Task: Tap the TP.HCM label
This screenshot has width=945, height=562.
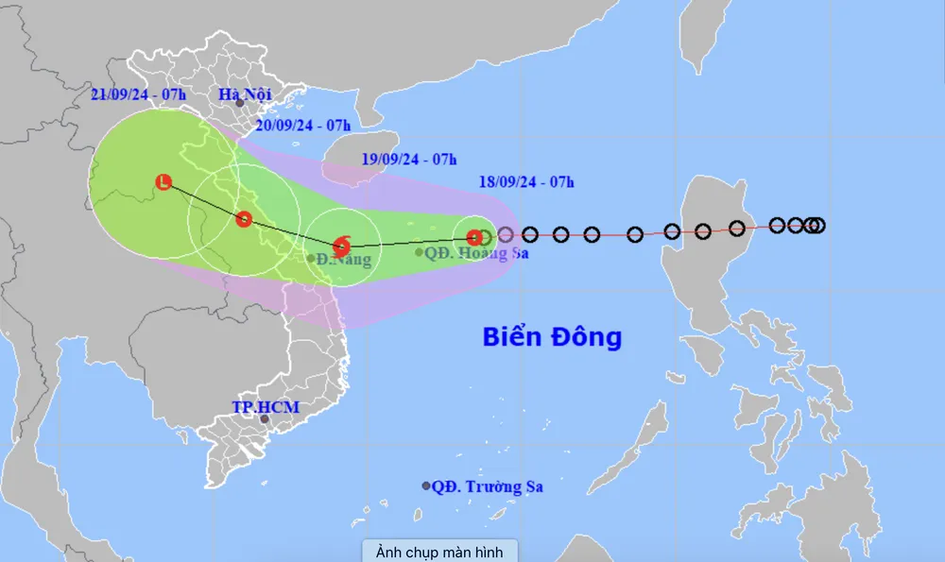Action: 266,407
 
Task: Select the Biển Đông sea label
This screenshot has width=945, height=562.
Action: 552,336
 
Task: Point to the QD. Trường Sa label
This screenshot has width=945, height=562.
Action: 488,486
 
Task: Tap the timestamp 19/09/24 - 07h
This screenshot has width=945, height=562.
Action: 409,158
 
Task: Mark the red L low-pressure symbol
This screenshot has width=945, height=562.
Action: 163,182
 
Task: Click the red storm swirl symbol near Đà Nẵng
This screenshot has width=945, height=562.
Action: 342,246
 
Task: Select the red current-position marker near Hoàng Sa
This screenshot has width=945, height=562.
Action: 474,237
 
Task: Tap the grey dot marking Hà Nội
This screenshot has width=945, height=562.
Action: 240,103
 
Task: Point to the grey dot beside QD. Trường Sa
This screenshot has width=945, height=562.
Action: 426,485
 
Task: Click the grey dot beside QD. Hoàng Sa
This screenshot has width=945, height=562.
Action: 420,252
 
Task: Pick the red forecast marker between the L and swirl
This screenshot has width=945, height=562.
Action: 244,219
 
